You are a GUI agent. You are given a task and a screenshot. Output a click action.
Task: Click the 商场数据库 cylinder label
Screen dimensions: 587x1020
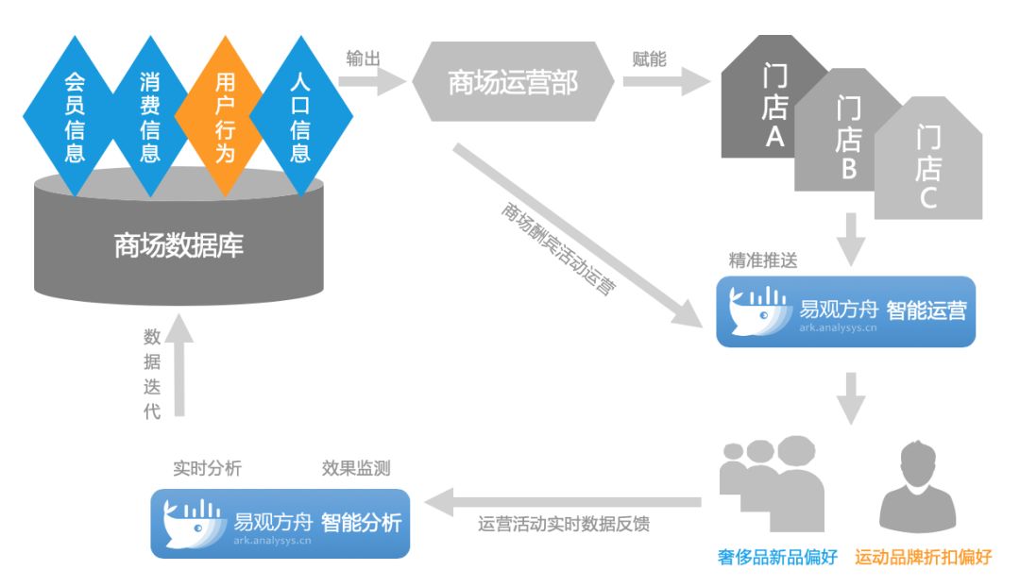178,246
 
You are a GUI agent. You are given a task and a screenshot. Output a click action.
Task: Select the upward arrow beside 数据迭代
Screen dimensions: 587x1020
180,367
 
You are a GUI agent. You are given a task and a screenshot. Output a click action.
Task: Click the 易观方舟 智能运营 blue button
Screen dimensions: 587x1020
845,311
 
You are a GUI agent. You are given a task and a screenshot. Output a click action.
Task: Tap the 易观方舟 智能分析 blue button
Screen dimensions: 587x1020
280,522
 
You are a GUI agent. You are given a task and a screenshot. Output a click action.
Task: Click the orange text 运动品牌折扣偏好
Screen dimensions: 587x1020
923,558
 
